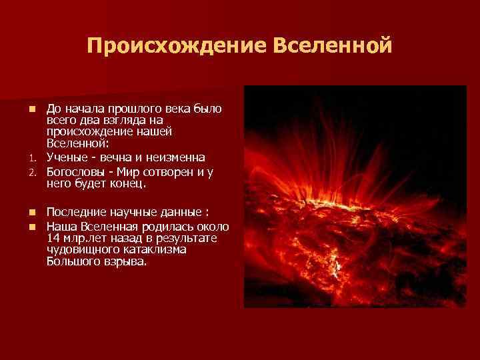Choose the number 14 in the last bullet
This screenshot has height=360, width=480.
[x=53, y=238]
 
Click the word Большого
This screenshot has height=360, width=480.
[x=73, y=261]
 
